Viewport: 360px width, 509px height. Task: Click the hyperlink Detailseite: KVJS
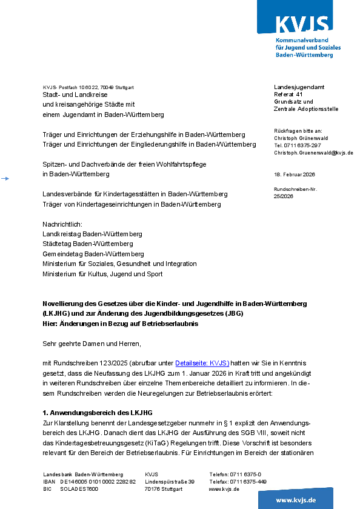[202, 363]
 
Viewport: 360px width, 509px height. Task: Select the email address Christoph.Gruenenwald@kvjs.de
[314, 153]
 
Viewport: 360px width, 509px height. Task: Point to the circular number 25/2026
[283, 196]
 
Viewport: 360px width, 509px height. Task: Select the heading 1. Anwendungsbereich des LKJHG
[98, 412]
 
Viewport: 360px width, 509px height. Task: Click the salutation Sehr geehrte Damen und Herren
[92, 344]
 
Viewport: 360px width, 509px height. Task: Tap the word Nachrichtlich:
[62, 224]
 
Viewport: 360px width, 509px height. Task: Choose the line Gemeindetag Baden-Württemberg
[93, 254]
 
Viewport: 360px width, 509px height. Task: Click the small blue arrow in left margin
[5, 178]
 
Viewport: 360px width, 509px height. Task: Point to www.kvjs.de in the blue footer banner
[296, 500]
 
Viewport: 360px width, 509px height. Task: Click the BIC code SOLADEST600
[79, 489]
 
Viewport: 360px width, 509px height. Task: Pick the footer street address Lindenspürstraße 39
[170, 482]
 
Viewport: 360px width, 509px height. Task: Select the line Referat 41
[288, 95]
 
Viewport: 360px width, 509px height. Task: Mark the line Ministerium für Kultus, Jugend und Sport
[102, 274]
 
